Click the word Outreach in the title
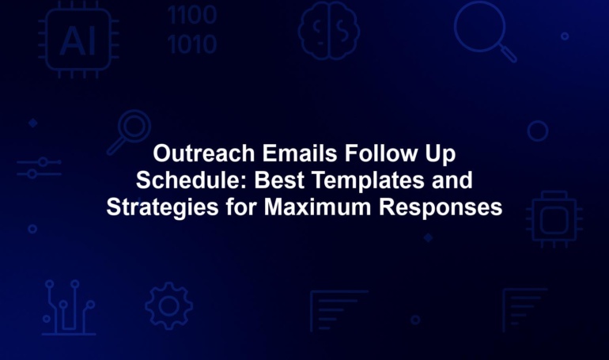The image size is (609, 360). pos(204,153)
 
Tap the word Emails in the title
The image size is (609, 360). pos(300,153)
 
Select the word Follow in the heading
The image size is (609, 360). pos(380,153)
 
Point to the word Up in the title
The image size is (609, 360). pos(440,154)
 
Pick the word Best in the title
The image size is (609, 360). pos(279,180)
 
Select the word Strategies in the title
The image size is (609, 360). pos(162,208)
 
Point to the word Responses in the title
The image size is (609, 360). pos(441,208)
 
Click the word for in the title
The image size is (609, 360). pos(240,207)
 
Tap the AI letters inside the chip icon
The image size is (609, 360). pos(78,41)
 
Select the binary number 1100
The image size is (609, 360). pos(192,15)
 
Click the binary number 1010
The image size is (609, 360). pos(192,44)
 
